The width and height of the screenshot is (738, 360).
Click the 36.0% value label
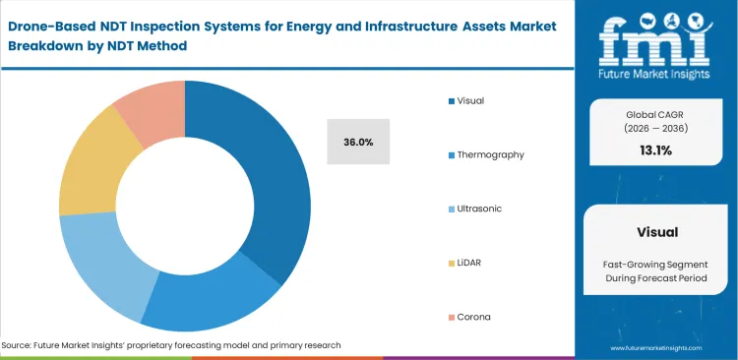(x=358, y=143)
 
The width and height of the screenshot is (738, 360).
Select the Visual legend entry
(x=470, y=100)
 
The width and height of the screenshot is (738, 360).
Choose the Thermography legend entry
(x=489, y=154)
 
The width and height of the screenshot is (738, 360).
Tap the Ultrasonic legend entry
(x=479, y=209)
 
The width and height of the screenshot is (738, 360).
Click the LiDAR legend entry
(x=469, y=263)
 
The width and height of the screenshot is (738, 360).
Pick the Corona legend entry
(x=472, y=317)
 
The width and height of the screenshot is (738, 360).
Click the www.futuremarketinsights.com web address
(x=657, y=348)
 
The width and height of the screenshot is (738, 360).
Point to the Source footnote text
(x=171, y=345)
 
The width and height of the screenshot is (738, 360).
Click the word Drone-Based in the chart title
(x=55, y=25)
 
